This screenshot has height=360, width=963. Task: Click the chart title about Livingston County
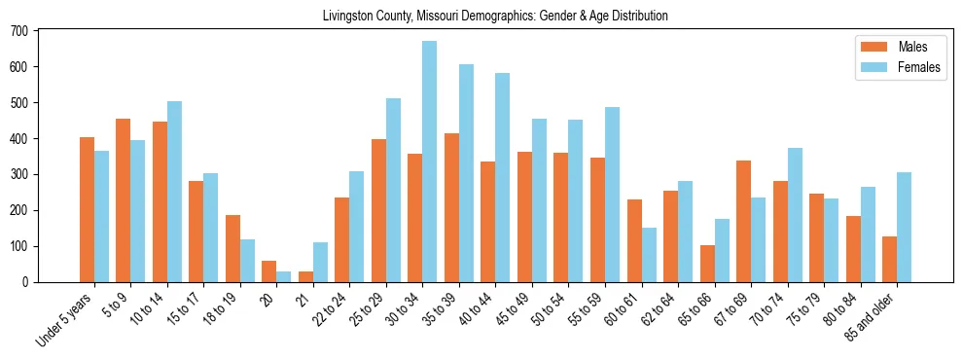pos(495,17)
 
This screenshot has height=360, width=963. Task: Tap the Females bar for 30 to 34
pos(429,162)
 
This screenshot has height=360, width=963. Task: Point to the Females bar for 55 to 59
pos(612,195)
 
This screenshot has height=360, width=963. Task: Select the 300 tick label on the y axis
pos(19,175)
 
